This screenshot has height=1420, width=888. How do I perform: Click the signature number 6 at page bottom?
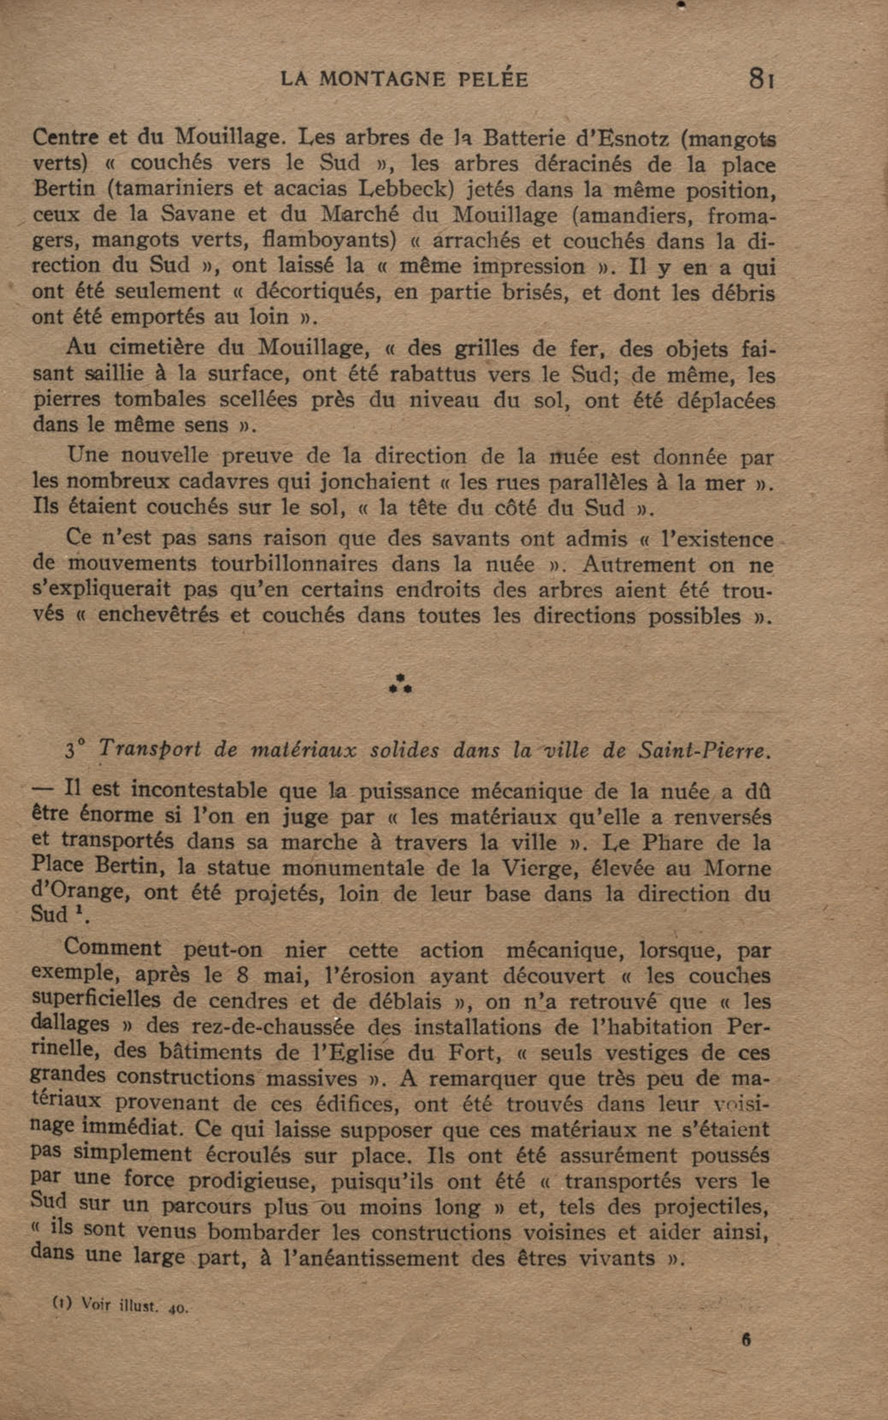click(746, 1340)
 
